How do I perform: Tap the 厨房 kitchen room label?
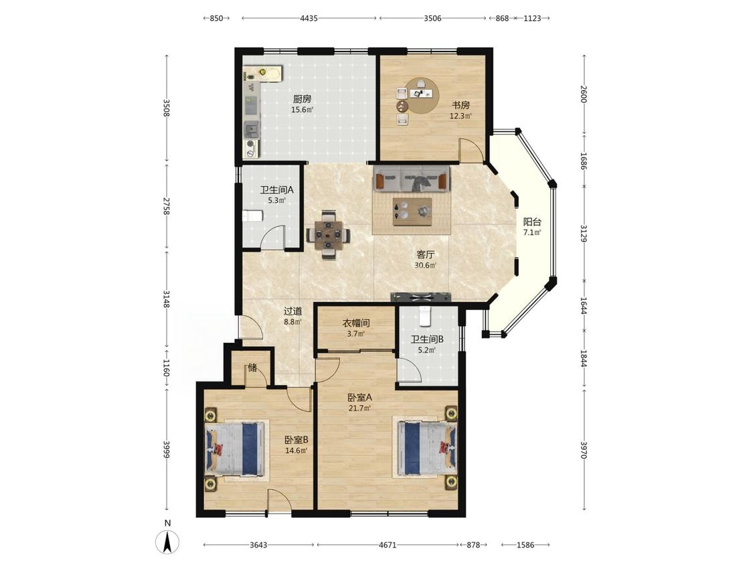click(302, 99)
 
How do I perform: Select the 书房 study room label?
click(460, 105)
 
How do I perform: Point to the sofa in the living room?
click(412, 178)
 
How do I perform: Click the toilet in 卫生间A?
click(252, 216)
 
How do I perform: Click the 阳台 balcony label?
click(532, 222)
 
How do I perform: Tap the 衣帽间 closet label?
click(356, 323)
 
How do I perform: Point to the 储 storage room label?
click(252, 368)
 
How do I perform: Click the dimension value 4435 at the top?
click(309, 18)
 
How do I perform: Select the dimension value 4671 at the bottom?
click(388, 545)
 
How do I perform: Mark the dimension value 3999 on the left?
click(167, 450)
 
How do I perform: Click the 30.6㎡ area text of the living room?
click(426, 265)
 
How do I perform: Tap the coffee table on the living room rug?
click(412, 212)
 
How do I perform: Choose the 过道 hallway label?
click(292, 311)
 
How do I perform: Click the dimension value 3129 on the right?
click(584, 234)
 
